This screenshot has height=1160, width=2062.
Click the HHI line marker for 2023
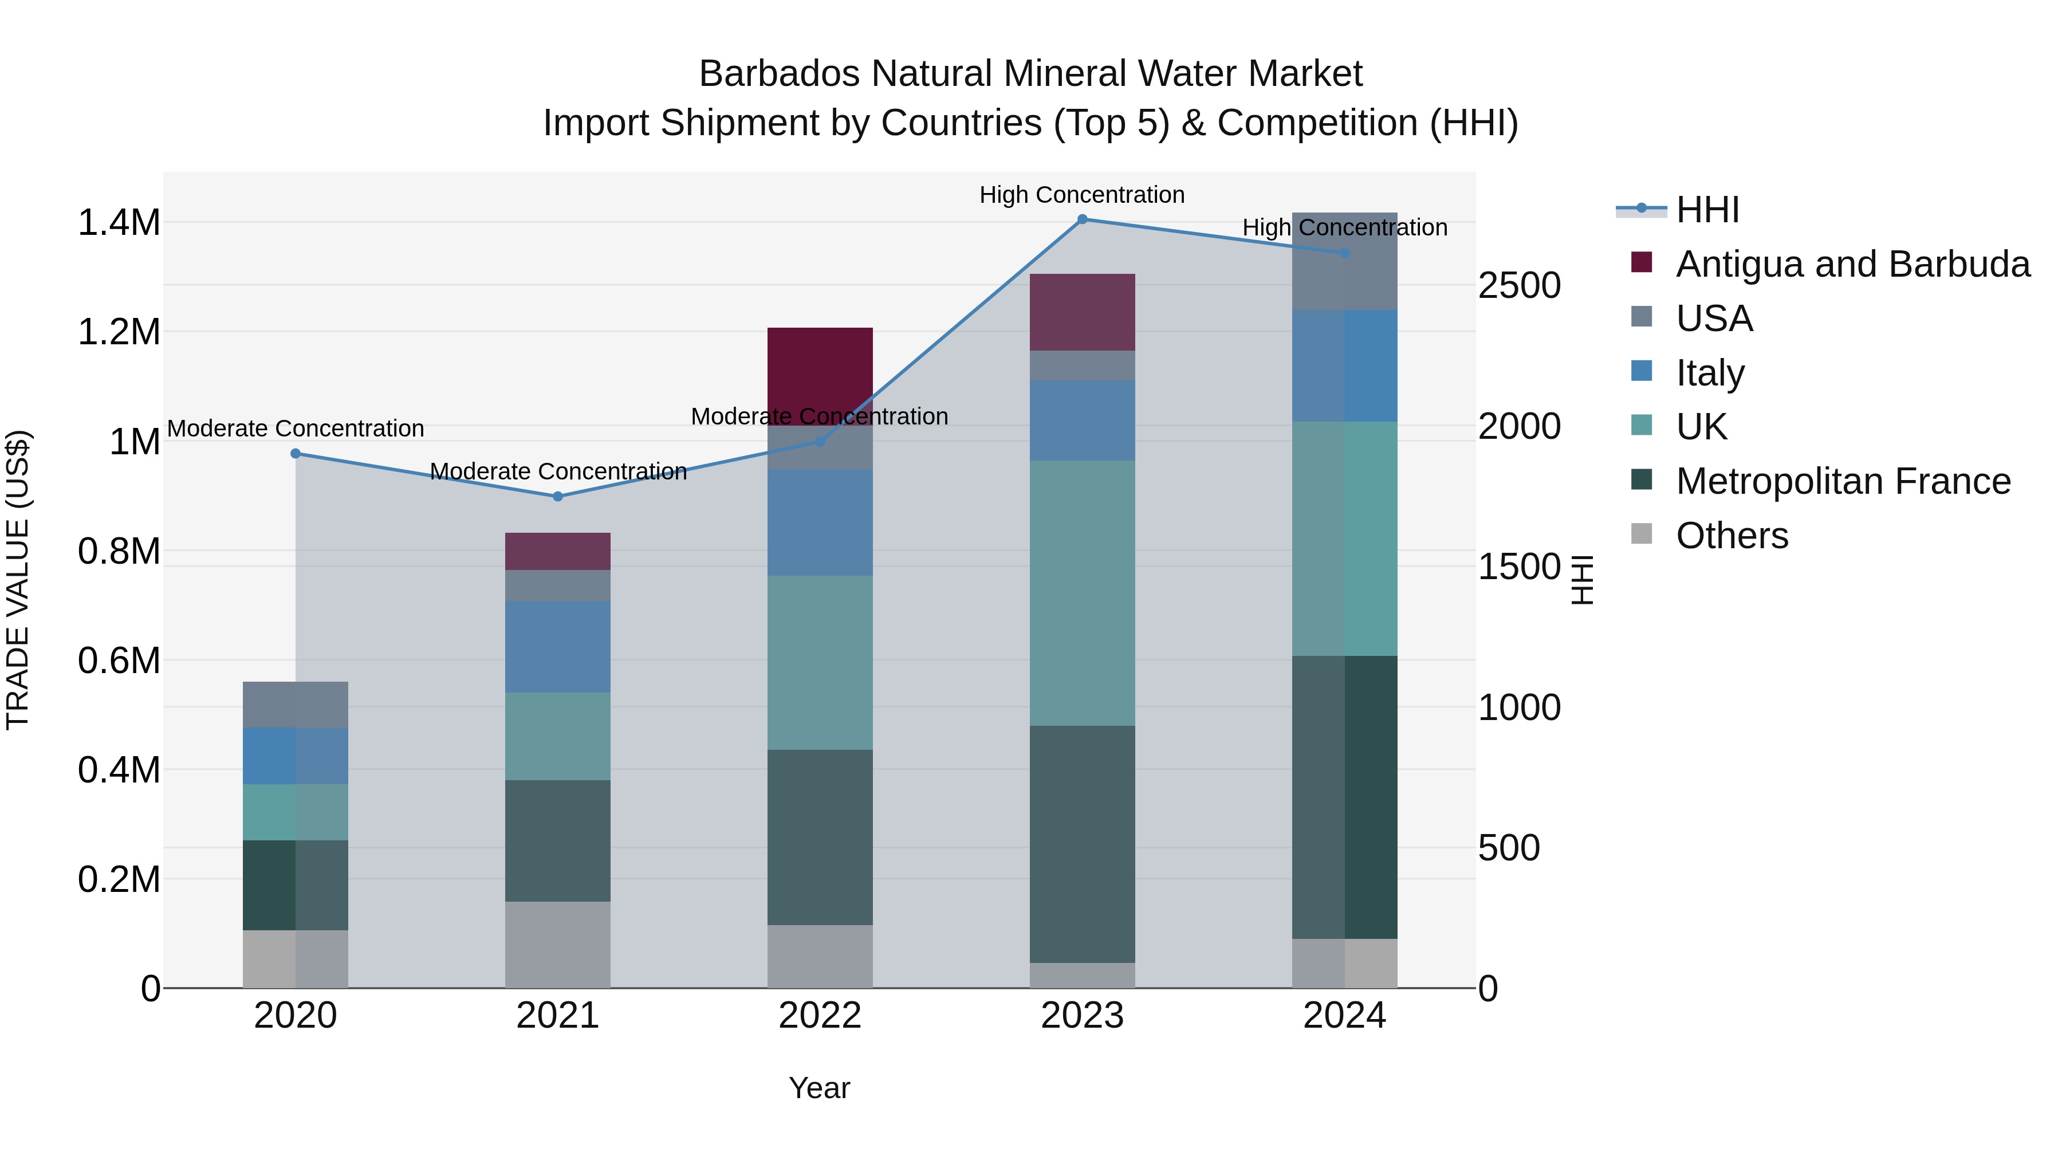(x=1081, y=219)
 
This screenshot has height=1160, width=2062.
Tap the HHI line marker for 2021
(x=558, y=496)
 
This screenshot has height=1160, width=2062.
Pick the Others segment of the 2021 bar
(x=558, y=945)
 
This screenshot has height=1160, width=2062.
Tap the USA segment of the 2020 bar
(x=296, y=705)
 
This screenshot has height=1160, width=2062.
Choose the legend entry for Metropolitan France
(x=1843, y=482)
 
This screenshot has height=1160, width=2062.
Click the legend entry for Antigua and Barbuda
(x=1852, y=264)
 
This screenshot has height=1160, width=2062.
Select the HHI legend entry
(x=1707, y=210)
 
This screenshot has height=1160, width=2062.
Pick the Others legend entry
(x=1732, y=536)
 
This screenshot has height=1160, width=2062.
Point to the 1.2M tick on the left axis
(x=119, y=332)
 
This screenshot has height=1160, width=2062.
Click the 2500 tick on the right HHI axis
(x=1518, y=286)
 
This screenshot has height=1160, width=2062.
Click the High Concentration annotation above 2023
(x=1081, y=195)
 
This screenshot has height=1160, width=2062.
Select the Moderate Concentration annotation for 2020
(x=296, y=428)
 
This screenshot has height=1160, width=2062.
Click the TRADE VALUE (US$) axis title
(x=18, y=580)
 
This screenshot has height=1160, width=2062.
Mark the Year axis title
(x=819, y=1088)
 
